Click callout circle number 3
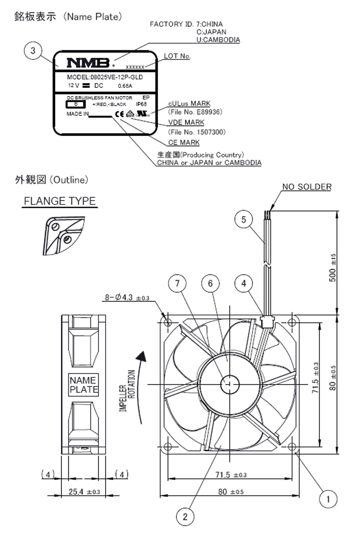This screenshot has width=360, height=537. coord(33,51)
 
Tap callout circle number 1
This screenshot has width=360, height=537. coord(328,499)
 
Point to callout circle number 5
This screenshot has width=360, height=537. coord(244,219)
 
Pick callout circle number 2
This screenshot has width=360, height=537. coord(186,516)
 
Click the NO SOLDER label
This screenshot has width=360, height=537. coord(306,187)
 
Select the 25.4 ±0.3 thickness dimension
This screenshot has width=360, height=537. coord(84,492)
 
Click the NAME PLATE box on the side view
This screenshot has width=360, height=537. coord(84,385)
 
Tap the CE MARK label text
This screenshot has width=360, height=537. coord(184,143)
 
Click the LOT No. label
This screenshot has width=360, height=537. coord(177,56)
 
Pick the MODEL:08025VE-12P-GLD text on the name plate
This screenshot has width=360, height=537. coord(105,77)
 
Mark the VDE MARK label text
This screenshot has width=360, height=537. coord(186,122)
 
